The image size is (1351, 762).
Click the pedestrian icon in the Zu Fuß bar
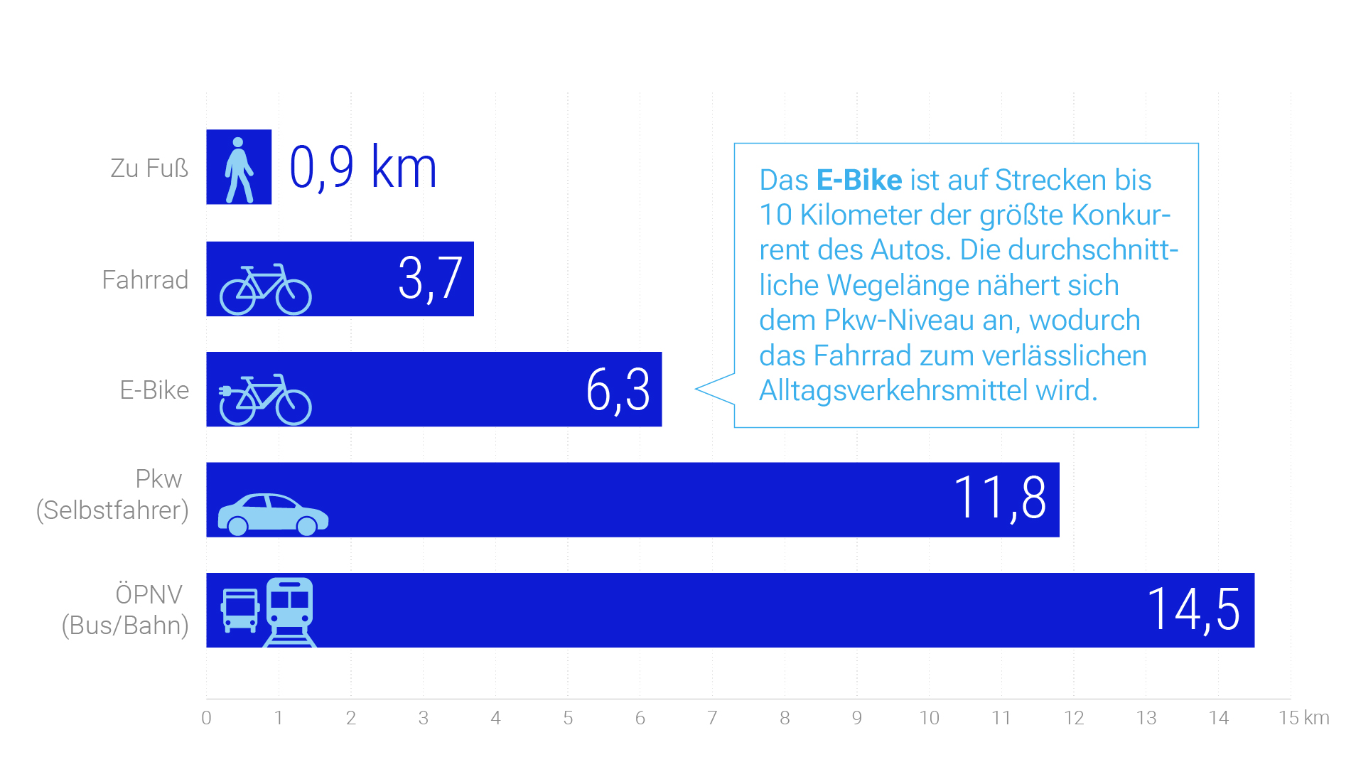[239, 169]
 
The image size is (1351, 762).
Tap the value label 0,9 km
[362, 168]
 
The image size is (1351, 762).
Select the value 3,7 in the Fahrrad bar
[430, 279]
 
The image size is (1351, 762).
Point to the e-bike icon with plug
[265, 399]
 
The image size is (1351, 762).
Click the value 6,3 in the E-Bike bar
[618, 390]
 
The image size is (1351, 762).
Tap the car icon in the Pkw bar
[272, 513]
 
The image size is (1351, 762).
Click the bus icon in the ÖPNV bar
[240, 610]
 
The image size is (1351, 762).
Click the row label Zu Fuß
[149, 168]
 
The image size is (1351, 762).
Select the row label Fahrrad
[145, 279]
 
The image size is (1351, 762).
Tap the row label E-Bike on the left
[154, 390]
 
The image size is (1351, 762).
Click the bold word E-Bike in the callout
[858, 180]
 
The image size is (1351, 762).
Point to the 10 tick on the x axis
[929, 718]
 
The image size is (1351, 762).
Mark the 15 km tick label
[1303, 718]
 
